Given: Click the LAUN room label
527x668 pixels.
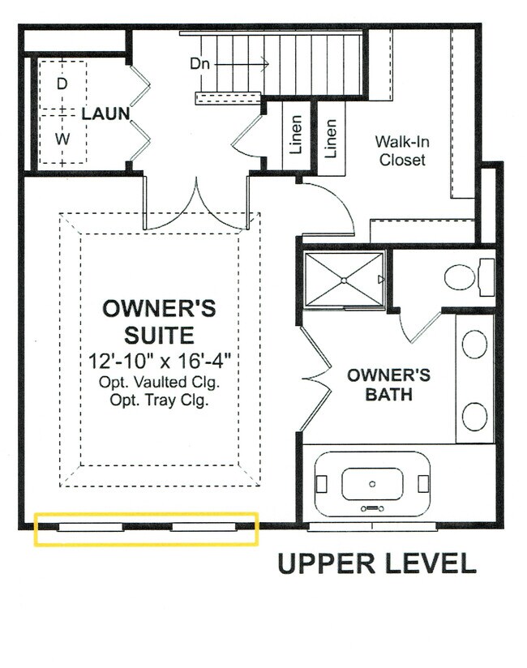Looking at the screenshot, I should (x=105, y=113).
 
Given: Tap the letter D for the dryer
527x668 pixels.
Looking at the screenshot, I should (x=62, y=83).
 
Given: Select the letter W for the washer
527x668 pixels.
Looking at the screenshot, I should (x=62, y=139).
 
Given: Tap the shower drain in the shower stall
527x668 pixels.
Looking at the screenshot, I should (x=344, y=280).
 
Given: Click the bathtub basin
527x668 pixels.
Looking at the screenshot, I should (x=371, y=484).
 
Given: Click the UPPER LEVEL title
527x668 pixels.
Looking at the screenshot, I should (x=376, y=563).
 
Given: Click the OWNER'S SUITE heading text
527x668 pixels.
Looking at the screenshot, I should (x=158, y=321).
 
